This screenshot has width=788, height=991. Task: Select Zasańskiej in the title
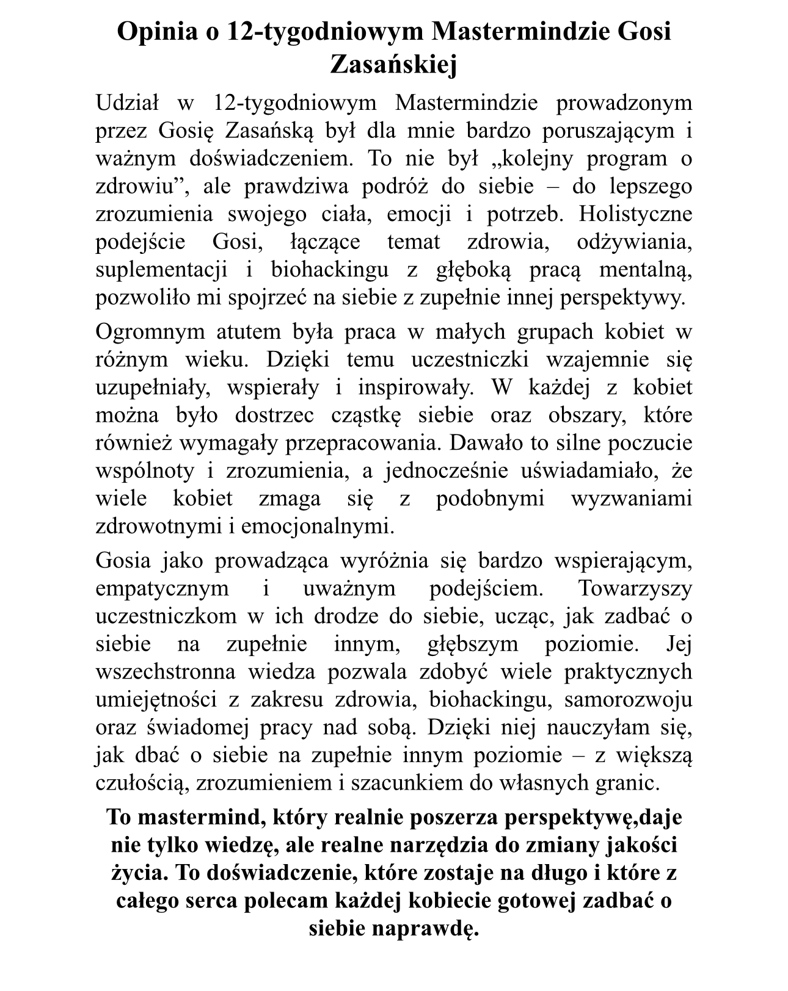click(393, 65)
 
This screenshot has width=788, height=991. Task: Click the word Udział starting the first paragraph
click(127, 103)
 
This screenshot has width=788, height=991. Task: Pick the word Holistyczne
click(635, 214)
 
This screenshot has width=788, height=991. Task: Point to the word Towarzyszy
click(635, 588)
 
